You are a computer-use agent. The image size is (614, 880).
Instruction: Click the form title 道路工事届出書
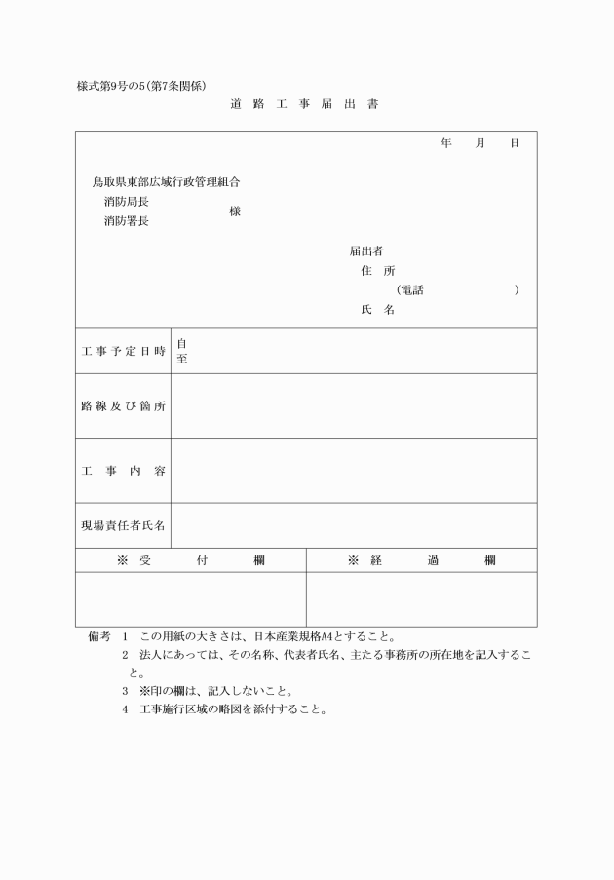(x=304, y=104)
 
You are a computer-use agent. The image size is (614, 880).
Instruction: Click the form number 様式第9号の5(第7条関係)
(x=141, y=85)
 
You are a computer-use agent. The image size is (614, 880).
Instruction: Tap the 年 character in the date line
(x=446, y=143)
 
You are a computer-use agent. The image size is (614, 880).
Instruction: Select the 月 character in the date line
(x=480, y=143)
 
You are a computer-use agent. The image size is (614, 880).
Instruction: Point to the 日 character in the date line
(x=515, y=143)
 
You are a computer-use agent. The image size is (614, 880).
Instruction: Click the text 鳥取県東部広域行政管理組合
(x=167, y=182)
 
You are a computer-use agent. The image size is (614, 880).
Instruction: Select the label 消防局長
(x=127, y=202)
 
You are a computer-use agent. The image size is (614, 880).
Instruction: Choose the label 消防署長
(x=127, y=221)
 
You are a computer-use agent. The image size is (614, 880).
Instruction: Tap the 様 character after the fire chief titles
(x=235, y=211)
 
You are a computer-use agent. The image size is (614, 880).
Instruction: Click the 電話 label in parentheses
(x=411, y=290)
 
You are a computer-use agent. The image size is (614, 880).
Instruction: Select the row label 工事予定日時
(x=123, y=351)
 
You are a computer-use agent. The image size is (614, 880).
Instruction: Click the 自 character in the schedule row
(x=182, y=343)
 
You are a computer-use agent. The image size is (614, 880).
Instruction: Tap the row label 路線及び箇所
(x=123, y=405)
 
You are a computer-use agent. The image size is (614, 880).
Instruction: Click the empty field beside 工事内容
(x=353, y=471)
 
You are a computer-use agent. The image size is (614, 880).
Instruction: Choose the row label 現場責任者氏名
(x=123, y=525)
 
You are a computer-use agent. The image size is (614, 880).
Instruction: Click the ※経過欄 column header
(x=421, y=560)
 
